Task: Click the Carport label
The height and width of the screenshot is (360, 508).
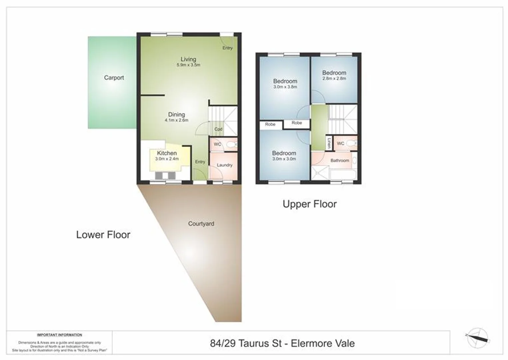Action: (x=114, y=78)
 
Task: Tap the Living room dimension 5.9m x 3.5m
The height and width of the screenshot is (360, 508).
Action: (x=188, y=65)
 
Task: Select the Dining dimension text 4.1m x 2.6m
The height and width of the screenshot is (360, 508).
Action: (x=176, y=120)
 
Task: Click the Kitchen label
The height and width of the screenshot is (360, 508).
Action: (x=167, y=153)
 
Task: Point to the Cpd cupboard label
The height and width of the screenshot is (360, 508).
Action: (x=218, y=129)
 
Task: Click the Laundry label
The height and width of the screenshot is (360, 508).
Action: (x=224, y=165)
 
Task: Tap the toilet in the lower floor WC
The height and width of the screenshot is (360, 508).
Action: (x=231, y=145)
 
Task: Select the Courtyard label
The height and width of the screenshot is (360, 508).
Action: (x=201, y=224)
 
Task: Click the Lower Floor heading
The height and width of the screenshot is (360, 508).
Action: (x=103, y=235)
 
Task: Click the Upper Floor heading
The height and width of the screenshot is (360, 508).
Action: (x=310, y=204)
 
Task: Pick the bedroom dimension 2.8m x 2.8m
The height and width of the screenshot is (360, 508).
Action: (x=334, y=79)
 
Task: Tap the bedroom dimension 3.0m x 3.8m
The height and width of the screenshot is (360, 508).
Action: (x=285, y=87)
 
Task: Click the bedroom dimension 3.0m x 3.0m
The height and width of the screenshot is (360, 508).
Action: (x=284, y=159)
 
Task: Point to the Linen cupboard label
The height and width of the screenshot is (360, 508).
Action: (x=329, y=143)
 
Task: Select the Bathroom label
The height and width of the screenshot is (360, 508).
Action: (x=340, y=160)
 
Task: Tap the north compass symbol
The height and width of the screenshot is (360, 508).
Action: (x=478, y=338)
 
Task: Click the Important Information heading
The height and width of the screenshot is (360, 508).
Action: (x=59, y=335)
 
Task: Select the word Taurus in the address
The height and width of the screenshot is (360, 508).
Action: (x=265, y=343)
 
